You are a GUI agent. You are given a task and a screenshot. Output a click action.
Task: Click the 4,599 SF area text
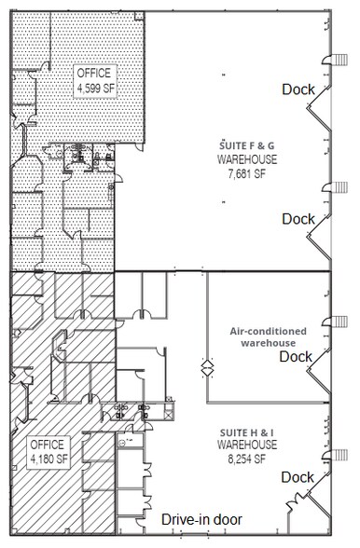[94, 89]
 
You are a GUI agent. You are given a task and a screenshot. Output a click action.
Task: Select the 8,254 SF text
[242, 459]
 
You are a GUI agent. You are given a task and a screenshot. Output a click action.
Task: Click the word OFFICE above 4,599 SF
[94, 75]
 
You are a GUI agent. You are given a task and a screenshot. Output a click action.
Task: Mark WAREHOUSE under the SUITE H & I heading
[242, 447]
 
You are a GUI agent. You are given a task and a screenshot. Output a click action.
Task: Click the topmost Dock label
[298, 89]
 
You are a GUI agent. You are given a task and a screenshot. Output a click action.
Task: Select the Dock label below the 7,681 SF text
[298, 219]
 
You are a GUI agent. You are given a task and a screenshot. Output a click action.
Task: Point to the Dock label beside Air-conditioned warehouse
[297, 356]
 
